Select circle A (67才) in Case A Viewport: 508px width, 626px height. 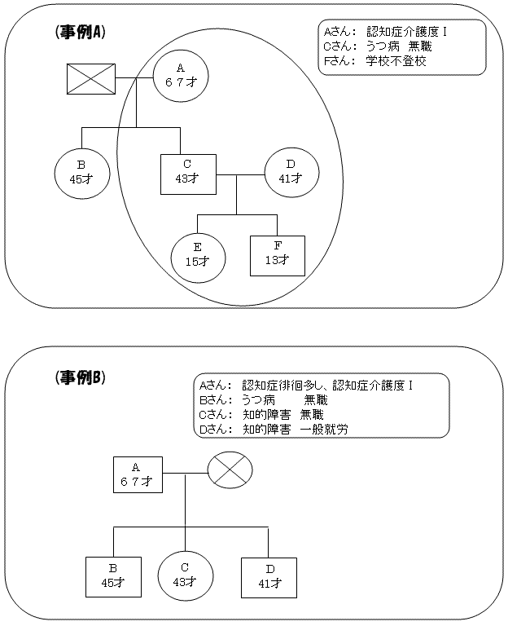click(181, 76)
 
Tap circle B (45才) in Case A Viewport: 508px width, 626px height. click(81, 173)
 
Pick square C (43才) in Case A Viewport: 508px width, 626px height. click(187, 173)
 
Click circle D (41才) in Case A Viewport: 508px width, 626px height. click(291, 172)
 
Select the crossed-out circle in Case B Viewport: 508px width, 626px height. click(230, 471)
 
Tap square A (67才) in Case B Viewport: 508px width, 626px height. click(137, 474)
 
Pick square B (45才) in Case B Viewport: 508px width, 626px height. click(113, 576)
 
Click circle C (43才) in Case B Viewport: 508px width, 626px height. click(185, 575)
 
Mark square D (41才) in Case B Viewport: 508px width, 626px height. click(268, 576)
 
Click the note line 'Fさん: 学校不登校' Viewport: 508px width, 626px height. click(374, 61)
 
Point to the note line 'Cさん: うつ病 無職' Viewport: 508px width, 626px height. click(374, 46)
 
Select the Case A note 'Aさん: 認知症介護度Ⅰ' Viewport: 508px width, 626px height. click(384, 32)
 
